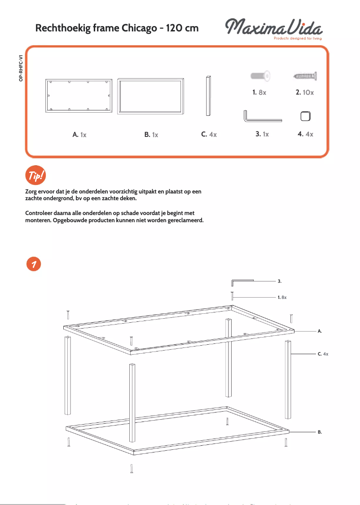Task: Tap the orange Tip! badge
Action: [35, 175]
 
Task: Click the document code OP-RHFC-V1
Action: [21, 68]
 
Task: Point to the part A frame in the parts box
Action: [79, 96]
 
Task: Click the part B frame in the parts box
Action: [151, 96]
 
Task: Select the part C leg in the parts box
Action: [208, 96]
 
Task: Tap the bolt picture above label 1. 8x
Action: [261, 77]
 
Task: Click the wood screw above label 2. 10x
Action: [305, 77]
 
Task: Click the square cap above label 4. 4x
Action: [305, 116]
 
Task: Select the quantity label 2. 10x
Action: [305, 92]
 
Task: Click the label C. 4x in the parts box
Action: [209, 134]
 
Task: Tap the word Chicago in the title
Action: [139, 28]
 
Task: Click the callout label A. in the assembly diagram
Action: [320, 331]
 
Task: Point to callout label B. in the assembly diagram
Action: [320, 431]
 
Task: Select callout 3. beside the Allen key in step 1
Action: [279, 281]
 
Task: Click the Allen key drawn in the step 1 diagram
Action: [241, 281]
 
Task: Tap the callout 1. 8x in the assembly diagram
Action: [282, 297]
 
